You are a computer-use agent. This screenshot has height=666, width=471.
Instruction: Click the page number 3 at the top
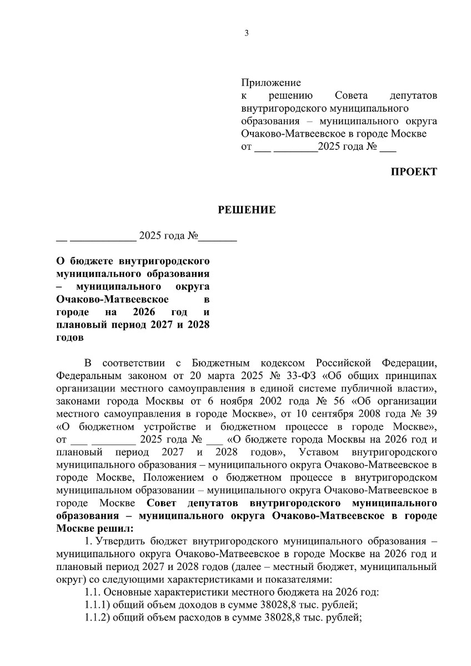point(247,33)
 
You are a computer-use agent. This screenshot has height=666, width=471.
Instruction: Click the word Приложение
point(271,83)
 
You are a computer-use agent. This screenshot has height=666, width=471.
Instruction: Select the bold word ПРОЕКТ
point(414,171)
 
